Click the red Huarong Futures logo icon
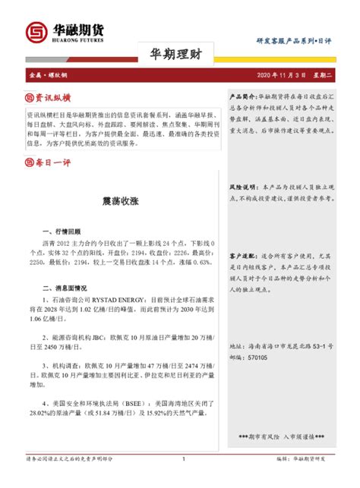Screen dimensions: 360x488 coord(35,33)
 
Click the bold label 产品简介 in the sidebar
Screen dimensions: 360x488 coord(242,98)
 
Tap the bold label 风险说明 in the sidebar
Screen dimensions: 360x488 coord(242,186)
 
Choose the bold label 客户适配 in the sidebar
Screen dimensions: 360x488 coord(242,257)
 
